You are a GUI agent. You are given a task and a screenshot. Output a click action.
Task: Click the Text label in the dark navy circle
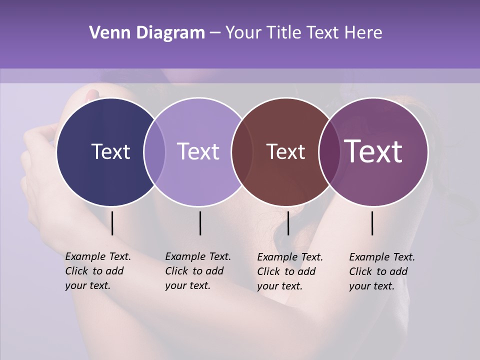(110, 151)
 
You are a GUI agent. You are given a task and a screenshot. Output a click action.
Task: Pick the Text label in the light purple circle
(198, 151)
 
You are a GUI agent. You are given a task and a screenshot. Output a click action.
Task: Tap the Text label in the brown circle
(285, 151)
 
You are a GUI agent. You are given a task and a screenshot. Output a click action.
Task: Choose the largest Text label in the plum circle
(373, 151)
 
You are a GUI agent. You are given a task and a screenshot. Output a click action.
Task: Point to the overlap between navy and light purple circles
(154, 151)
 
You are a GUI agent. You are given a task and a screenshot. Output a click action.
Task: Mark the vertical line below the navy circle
(112, 223)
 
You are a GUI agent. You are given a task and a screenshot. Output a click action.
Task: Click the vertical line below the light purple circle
(200, 223)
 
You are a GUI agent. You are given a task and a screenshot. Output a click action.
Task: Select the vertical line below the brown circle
(288, 223)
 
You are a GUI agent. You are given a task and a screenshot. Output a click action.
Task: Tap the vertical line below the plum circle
(372, 223)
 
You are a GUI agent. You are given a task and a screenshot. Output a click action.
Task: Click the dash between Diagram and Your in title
(215, 33)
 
